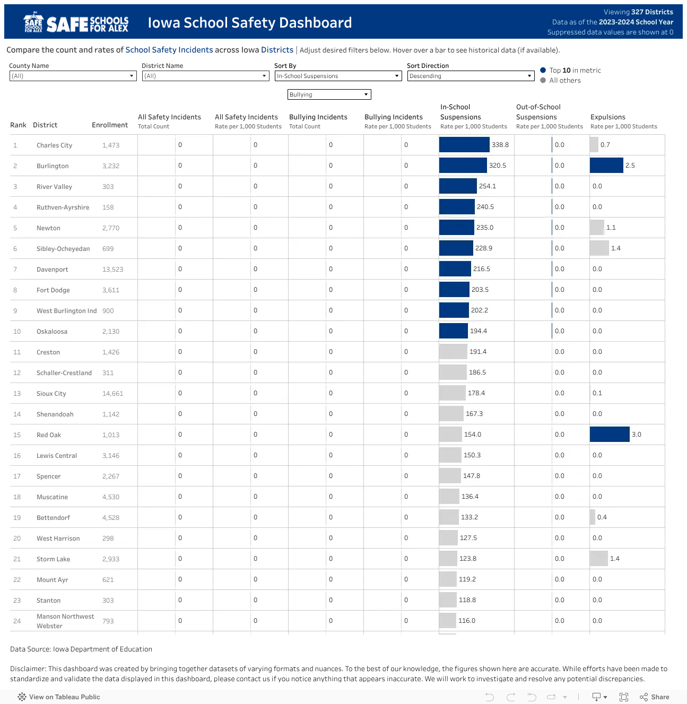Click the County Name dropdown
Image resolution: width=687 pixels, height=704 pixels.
tap(73, 76)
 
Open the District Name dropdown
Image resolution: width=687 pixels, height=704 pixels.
tap(205, 76)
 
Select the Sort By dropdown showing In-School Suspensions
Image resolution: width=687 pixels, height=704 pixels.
tap(338, 76)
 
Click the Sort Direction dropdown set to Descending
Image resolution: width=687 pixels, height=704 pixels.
tap(471, 76)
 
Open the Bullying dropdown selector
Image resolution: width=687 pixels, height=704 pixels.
tap(329, 94)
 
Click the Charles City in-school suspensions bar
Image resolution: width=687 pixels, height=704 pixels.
tap(464, 145)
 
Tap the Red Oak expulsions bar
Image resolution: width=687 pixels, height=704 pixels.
tap(610, 434)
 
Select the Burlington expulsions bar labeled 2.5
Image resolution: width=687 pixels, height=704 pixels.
tap(606, 166)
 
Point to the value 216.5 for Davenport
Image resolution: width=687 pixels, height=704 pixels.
tap(482, 269)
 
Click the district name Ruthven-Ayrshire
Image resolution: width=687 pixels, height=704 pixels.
tap(63, 207)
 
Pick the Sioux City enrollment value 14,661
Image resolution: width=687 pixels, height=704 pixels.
tap(113, 393)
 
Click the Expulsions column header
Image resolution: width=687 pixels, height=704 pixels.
tap(608, 117)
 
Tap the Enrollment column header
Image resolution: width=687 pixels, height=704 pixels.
tap(110, 125)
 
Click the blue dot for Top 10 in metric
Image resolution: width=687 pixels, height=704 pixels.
tap(543, 70)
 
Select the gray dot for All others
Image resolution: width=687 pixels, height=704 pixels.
tap(543, 80)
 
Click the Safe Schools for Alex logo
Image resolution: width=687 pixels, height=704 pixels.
tap(76, 22)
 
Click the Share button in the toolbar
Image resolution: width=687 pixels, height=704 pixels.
tap(655, 697)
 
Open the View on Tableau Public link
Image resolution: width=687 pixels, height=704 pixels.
tap(59, 697)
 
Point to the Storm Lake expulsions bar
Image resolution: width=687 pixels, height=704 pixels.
tap(599, 558)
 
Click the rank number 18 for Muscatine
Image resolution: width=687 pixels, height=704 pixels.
tap(17, 497)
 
